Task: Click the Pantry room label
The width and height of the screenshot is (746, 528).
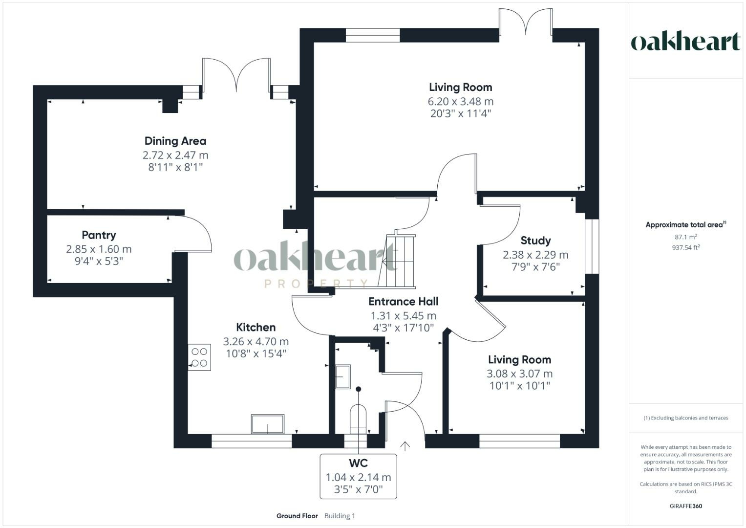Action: click(99, 235)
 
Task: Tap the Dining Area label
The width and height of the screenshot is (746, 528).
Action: click(175, 141)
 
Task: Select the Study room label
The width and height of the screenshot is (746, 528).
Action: click(535, 241)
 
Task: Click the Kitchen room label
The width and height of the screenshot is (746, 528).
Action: click(256, 328)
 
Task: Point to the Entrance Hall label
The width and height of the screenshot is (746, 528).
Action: click(403, 302)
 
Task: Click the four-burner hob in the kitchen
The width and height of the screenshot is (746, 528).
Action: click(199, 357)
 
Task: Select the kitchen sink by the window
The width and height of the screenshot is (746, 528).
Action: click(267, 424)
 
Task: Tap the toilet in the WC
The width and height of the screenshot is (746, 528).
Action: click(358, 418)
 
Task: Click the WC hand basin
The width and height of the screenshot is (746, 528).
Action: click(342, 377)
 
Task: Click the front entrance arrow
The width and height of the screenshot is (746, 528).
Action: click(405, 445)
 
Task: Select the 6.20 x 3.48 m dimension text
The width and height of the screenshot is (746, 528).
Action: click(460, 102)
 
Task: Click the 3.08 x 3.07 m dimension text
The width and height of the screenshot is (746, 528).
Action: click(519, 374)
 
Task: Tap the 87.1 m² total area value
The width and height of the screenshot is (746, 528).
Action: click(685, 237)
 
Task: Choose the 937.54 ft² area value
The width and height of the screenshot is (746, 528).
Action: click(685, 247)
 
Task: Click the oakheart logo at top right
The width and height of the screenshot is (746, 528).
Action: click(685, 42)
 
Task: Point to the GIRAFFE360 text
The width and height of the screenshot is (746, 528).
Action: click(685, 506)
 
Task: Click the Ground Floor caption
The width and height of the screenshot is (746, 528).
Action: click(297, 516)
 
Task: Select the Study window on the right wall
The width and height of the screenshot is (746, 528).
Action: click(592, 246)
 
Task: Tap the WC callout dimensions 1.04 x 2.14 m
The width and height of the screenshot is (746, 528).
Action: click(358, 477)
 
